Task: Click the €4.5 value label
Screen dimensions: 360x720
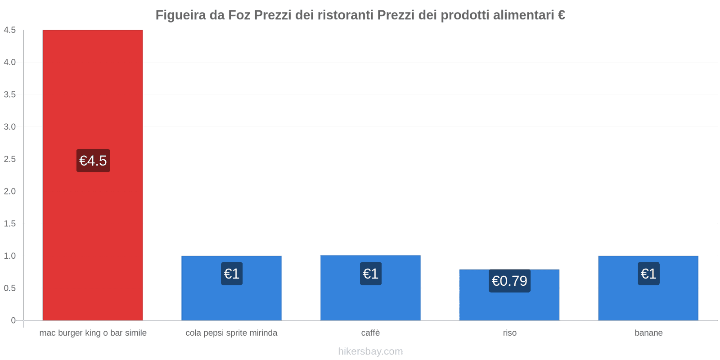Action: click(x=93, y=161)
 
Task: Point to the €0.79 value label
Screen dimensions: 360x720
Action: click(x=509, y=281)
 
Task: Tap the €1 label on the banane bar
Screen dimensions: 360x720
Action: click(x=648, y=274)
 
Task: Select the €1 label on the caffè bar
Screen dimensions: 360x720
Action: click(x=370, y=274)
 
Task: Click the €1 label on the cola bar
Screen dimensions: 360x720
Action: click(x=232, y=274)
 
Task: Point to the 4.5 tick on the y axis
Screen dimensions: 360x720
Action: click(x=10, y=30)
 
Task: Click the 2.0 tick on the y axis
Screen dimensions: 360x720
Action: click(x=10, y=191)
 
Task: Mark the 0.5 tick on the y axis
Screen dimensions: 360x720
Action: click(x=10, y=288)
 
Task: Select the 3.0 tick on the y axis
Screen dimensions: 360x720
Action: click(x=10, y=127)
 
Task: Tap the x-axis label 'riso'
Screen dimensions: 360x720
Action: click(x=509, y=333)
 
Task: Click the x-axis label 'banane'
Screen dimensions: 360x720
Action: click(x=648, y=333)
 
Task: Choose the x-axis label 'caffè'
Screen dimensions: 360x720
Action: click(x=370, y=333)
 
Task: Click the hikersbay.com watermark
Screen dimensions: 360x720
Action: click(x=370, y=351)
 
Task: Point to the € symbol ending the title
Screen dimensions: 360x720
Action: click(x=561, y=15)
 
